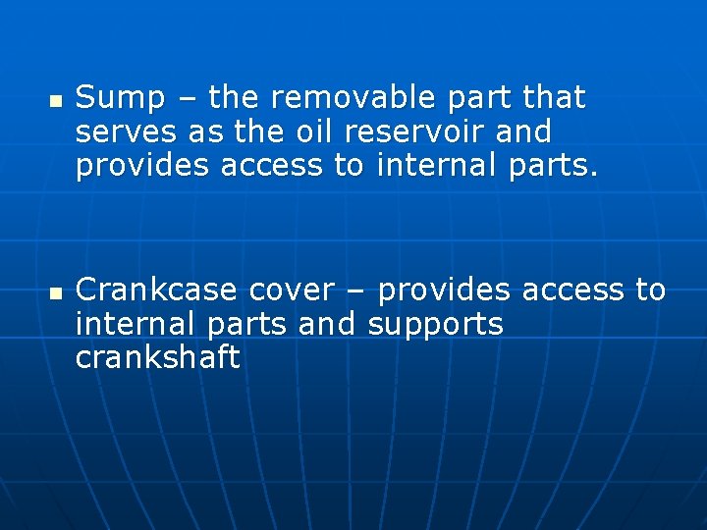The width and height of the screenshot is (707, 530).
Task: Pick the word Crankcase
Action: coord(156,291)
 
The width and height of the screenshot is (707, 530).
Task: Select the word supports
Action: coord(435,325)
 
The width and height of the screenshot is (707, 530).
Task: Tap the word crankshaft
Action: coord(157,358)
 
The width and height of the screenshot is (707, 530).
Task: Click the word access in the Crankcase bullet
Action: coord(573,291)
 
